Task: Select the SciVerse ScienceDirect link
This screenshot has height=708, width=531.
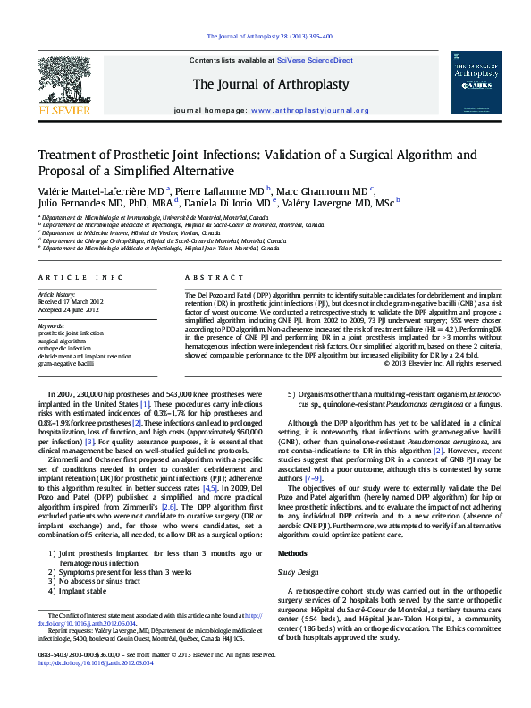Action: coord(315,60)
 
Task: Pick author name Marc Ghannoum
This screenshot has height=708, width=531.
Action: coord(323,192)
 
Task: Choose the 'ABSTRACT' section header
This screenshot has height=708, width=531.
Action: coord(206,279)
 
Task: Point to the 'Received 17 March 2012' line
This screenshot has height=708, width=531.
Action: coord(73,301)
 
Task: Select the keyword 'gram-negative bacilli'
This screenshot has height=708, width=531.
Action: coord(65,364)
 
